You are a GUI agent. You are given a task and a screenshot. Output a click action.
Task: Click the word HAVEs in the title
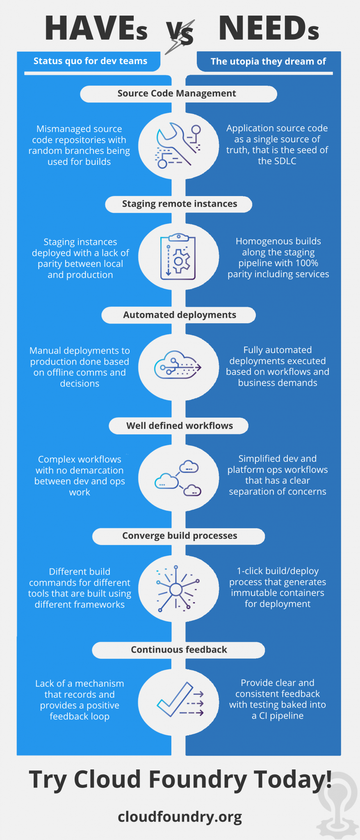(96, 28)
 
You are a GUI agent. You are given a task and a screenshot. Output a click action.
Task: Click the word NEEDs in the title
(269, 28)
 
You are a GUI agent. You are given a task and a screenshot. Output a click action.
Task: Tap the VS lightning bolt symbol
(180, 36)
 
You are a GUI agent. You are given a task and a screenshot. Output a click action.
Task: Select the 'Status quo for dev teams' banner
(90, 61)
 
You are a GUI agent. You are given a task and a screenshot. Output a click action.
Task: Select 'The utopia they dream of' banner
(268, 62)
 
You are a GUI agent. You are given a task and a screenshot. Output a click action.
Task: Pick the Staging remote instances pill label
(179, 204)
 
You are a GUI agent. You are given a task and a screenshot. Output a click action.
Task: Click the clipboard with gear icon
(178, 257)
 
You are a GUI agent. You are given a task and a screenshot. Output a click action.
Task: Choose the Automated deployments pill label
(179, 315)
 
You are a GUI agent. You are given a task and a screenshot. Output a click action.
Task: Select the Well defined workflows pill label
(179, 426)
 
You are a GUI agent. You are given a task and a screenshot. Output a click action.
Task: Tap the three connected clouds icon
(178, 478)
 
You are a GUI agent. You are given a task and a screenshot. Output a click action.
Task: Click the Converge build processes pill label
(179, 536)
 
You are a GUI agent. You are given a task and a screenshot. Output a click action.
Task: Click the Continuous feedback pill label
(179, 650)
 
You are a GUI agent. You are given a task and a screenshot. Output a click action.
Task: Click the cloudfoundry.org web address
(180, 817)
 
